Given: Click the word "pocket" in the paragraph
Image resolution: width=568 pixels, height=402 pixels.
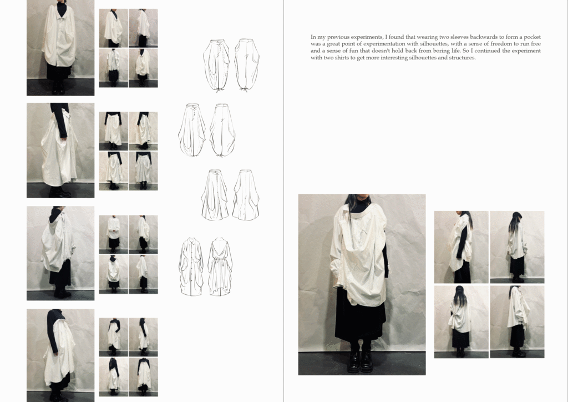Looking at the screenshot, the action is point(532,37).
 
